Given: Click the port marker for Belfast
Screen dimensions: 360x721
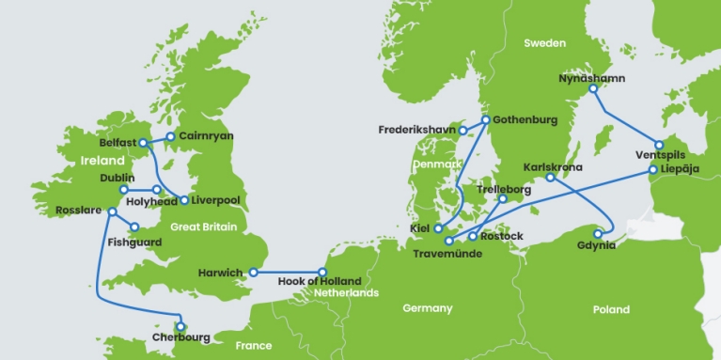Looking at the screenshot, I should click(144, 143).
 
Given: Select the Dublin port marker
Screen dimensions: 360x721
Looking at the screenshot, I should click(124, 189).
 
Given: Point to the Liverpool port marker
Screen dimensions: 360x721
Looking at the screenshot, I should click(184, 200).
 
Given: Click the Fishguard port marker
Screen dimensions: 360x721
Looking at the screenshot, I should click(135, 227).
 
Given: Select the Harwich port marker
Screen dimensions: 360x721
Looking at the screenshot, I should click(253, 273).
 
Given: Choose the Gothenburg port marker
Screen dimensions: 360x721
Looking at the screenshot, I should click(485, 120).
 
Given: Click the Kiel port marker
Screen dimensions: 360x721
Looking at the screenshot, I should click(438, 228).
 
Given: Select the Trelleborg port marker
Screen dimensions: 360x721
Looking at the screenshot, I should click(503, 199).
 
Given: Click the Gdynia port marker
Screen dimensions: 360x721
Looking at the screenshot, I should click(597, 234).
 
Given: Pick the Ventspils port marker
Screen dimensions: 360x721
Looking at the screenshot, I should click(660, 145).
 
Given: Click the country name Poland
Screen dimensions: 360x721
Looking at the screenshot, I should click(612, 309).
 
